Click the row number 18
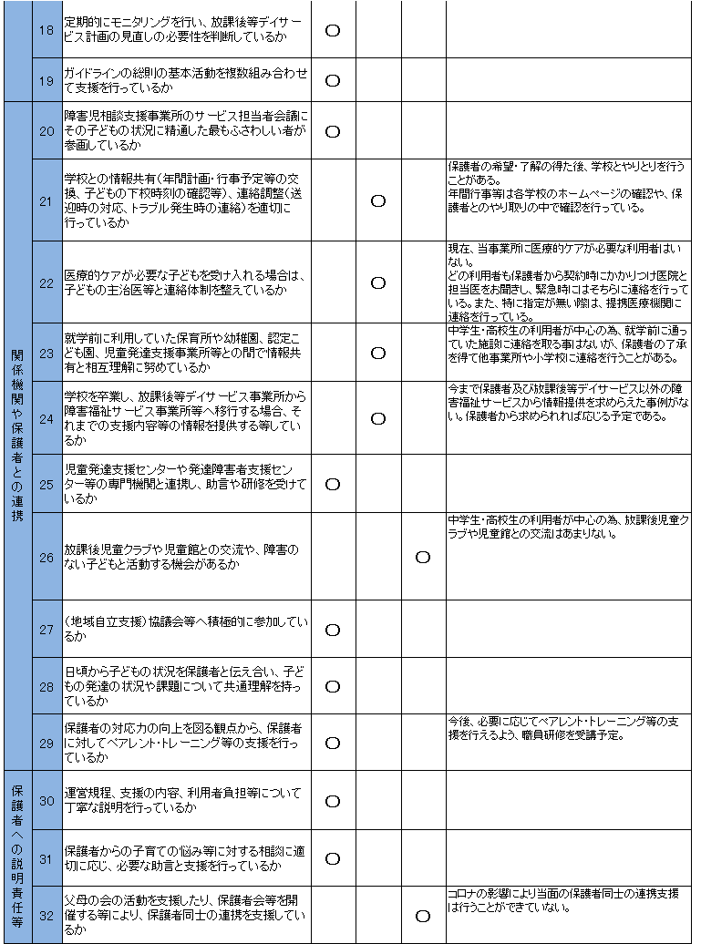click(x=47, y=30)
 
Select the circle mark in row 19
click(x=333, y=79)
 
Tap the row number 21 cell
click(x=47, y=200)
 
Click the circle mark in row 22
click(x=378, y=282)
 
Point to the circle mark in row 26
click(x=423, y=557)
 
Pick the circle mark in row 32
click(x=423, y=916)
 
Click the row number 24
click(x=47, y=418)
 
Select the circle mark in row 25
click(x=333, y=484)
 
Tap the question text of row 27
click(x=186, y=630)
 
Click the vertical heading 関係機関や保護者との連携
click(x=17, y=436)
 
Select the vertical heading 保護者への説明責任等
click(x=17, y=857)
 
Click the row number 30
click(x=47, y=800)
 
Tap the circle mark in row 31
click(x=333, y=858)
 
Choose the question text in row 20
click(x=186, y=130)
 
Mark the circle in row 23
click(x=378, y=353)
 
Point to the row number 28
click(x=47, y=686)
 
